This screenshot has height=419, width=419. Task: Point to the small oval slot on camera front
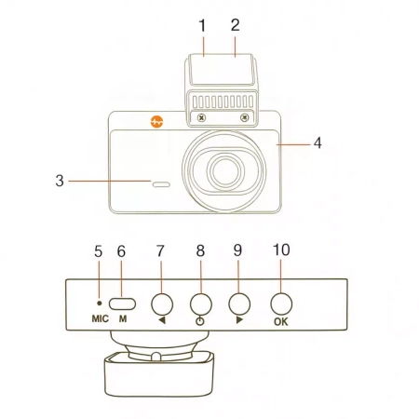tap(162, 184)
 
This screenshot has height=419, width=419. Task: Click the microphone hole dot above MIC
tap(100, 303)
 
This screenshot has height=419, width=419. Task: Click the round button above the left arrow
tap(162, 302)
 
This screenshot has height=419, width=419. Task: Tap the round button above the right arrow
tap(240, 302)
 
